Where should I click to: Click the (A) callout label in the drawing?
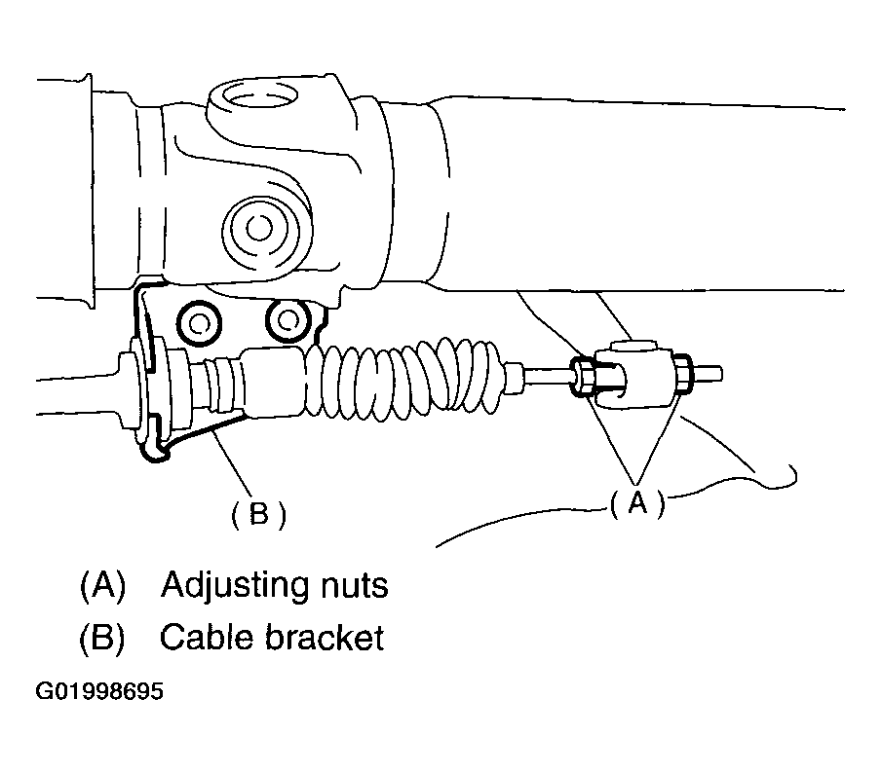point(637,503)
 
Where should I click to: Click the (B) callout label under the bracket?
point(257,514)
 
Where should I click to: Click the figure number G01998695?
point(99,693)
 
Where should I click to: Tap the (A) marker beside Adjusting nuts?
point(102,586)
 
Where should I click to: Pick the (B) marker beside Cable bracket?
point(102,638)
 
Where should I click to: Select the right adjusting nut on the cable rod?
point(683,372)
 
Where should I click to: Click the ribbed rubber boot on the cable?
point(409,374)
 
